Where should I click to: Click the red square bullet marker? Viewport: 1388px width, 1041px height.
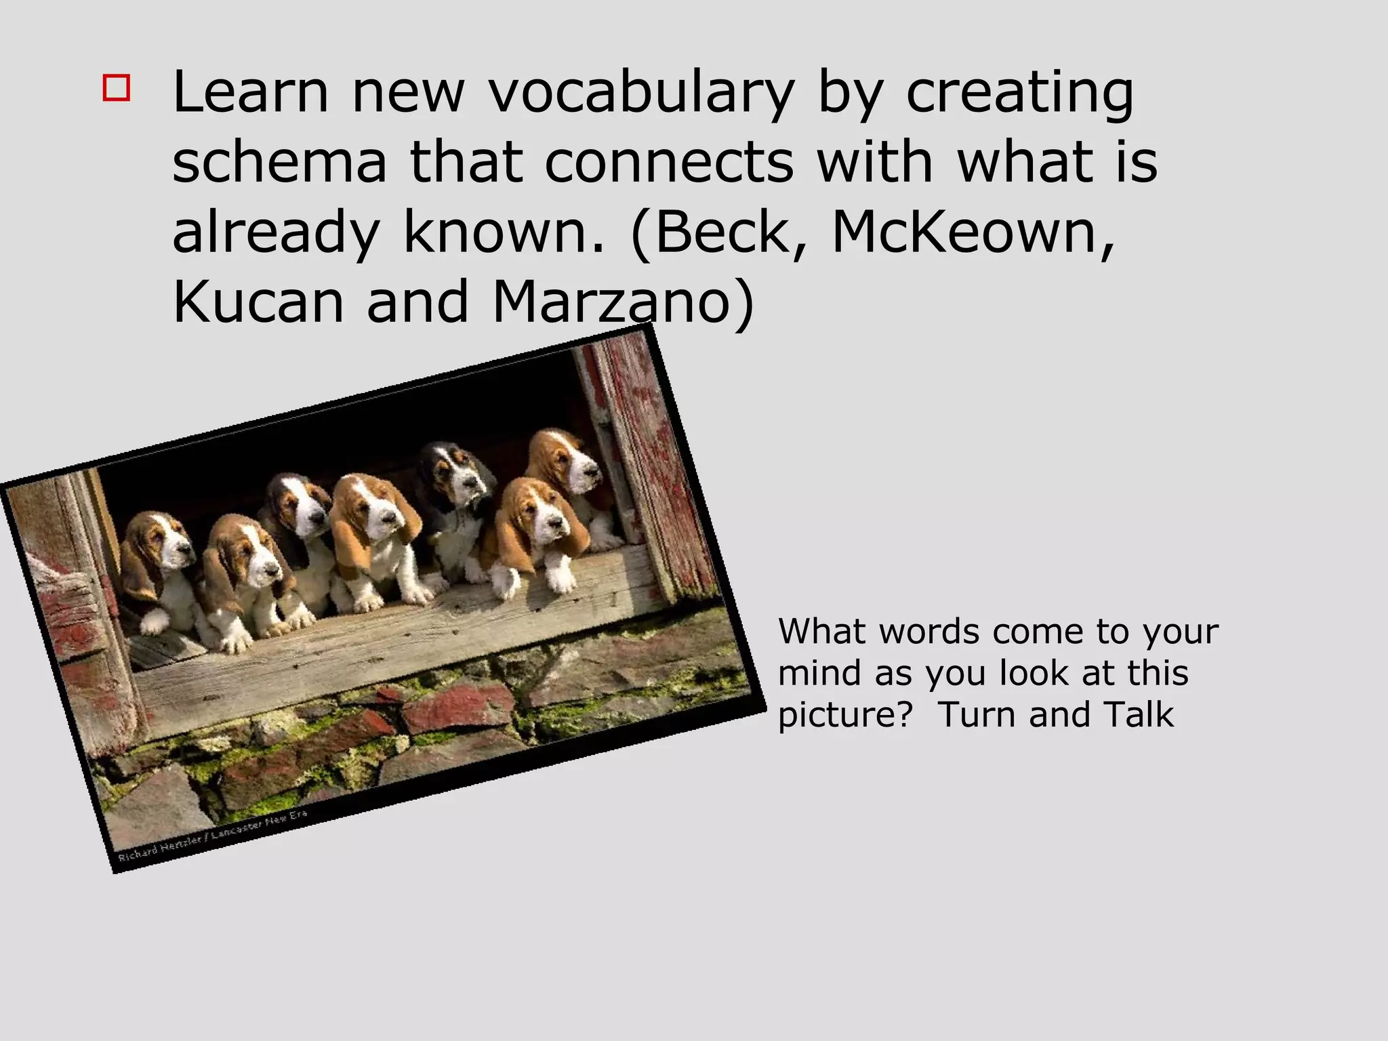[x=117, y=88]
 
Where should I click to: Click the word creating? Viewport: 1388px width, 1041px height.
[x=1019, y=92]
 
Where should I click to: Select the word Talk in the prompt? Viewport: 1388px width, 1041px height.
[x=1139, y=714]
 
